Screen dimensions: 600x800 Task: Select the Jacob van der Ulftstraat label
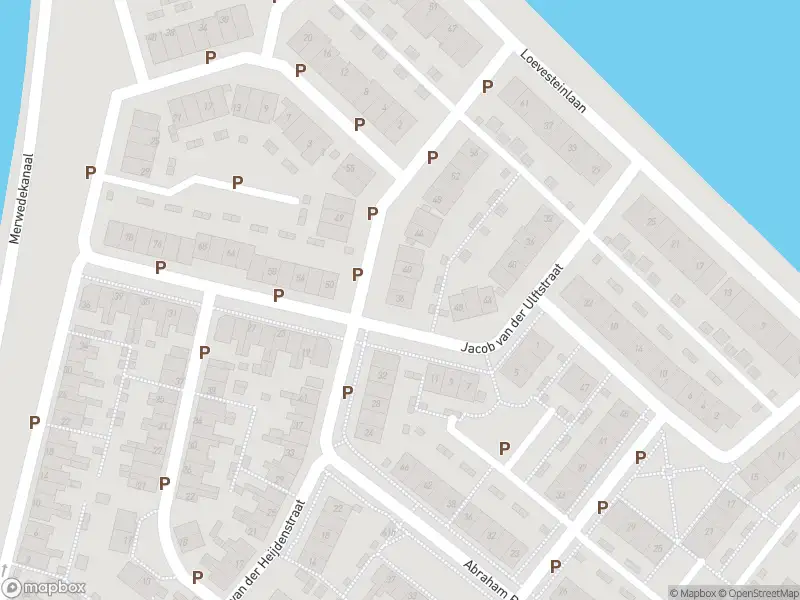click(513, 317)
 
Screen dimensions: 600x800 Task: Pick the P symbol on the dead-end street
click(238, 182)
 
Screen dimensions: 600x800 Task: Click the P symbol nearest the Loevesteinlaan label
click(487, 87)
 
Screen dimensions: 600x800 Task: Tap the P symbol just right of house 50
click(357, 274)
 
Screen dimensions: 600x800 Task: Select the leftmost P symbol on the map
click(34, 422)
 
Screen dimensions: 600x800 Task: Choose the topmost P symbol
click(210, 58)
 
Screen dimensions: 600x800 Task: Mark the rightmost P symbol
click(640, 457)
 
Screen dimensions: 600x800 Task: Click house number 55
click(350, 168)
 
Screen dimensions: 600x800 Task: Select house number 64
click(230, 255)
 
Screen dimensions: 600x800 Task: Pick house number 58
click(272, 270)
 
